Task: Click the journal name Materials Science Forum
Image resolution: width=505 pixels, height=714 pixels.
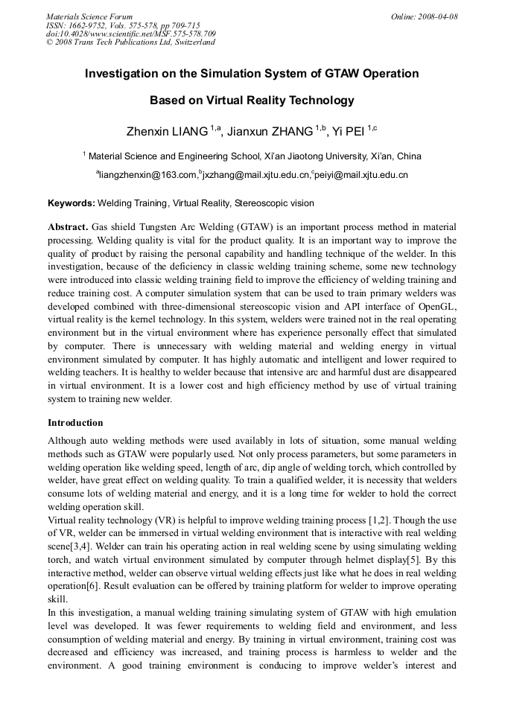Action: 89,16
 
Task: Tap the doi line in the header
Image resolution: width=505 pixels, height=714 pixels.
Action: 131,34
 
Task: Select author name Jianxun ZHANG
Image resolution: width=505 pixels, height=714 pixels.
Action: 270,132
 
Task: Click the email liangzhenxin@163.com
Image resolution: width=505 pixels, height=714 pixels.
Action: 148,176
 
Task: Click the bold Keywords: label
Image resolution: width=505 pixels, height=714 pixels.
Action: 72,203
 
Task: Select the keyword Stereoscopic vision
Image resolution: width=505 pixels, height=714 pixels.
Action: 274,203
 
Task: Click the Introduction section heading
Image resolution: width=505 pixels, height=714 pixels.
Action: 75,423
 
